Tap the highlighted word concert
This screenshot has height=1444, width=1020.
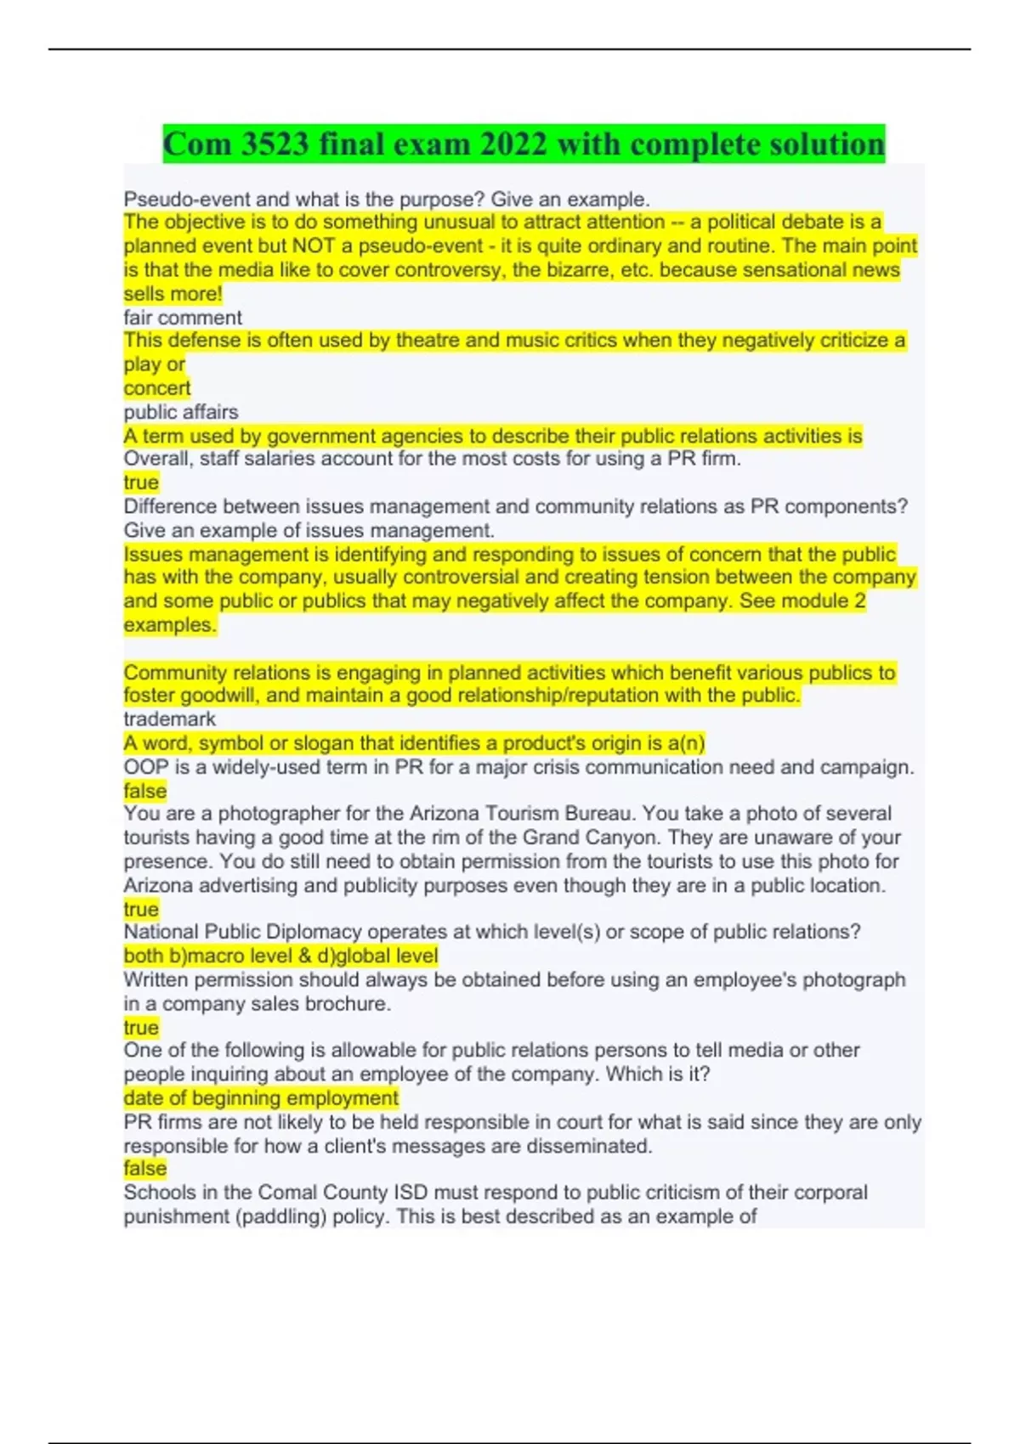(157, 388)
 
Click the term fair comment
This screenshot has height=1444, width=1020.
(183, 318)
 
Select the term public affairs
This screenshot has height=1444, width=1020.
(181, 412)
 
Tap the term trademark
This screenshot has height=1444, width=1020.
(170, 719)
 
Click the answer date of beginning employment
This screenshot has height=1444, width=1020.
(261, 1098)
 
